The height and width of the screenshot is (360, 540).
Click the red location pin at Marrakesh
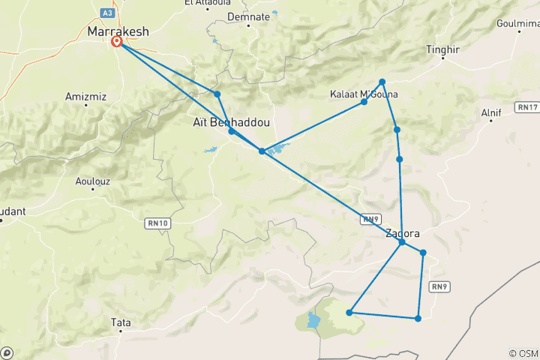tap(118, 43)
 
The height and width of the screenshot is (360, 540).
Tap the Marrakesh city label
tap(118, 32)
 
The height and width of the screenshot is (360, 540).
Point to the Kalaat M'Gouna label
tap(364, 94)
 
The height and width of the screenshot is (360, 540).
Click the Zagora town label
tap(402, 233)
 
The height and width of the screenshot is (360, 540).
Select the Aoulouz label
tap(94, 181)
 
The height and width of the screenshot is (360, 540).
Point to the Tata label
tap(121, 322)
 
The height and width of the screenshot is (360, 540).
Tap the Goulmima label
tap(517, 25)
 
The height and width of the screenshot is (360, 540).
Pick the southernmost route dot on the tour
tap(418, 319)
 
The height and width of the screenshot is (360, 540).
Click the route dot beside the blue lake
tap(262, 151)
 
